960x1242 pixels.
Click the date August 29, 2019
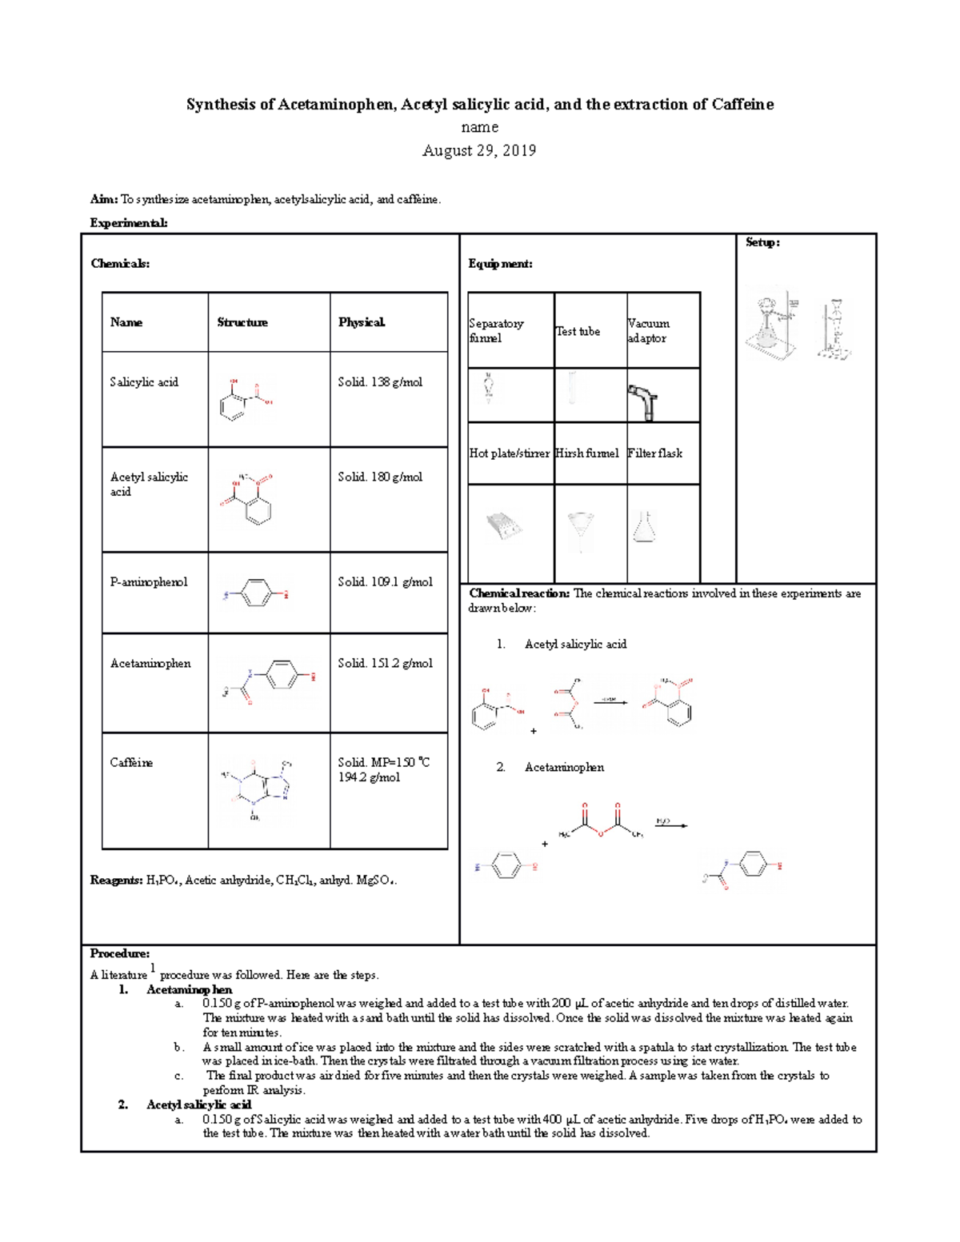[x=479, y=150]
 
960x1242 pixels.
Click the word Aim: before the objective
[x=104, y=199]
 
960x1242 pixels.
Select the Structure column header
[x=242, y=322]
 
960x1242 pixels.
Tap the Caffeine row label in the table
[x=131, y=762]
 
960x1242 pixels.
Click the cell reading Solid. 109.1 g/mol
[x=385, y=581]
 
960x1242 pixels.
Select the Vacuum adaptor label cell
[x=649, y=330]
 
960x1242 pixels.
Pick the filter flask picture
[x=645, y=528]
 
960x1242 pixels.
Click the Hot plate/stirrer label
[x=509, y=453]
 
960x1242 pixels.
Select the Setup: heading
[x=762, y=242]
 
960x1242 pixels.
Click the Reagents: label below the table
[x=116, y=880]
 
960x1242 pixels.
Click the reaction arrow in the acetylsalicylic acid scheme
[x=610, y=703]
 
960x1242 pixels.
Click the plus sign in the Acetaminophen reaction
[x=545, y=844]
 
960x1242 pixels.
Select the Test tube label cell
[x=578, y=331]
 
